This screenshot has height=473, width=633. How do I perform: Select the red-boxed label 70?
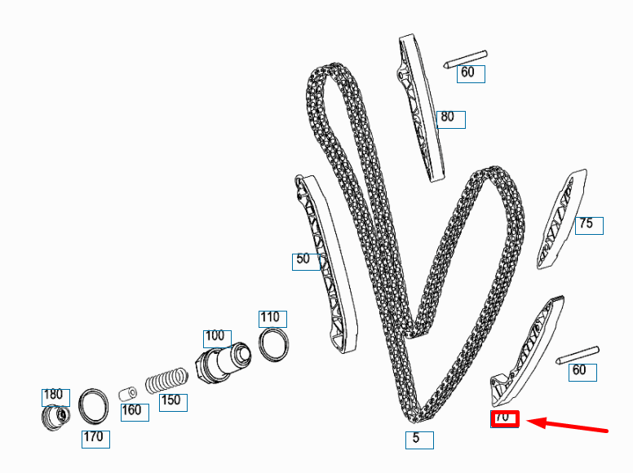tap(504, 418)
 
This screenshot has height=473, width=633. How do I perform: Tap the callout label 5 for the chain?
tap(419, 440)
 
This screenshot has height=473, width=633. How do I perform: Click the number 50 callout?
tap(305, 261)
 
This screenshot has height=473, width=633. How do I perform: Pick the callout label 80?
tap(450, 119)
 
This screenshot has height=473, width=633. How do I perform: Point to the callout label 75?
tap(588, 225)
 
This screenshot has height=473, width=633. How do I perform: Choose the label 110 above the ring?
tap(272, 319)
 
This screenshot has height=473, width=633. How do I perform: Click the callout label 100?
tap(216, 338)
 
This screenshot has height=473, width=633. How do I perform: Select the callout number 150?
tap(172, 402)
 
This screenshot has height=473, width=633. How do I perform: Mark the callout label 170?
tap(95, 439)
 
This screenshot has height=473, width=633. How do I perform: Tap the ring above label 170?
tap(94, 406)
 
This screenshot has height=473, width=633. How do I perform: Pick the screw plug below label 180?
tap(55, 418)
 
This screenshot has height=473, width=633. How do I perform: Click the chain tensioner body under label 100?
tap(222, 362)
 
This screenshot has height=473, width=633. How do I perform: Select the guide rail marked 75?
tap(560, 219)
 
